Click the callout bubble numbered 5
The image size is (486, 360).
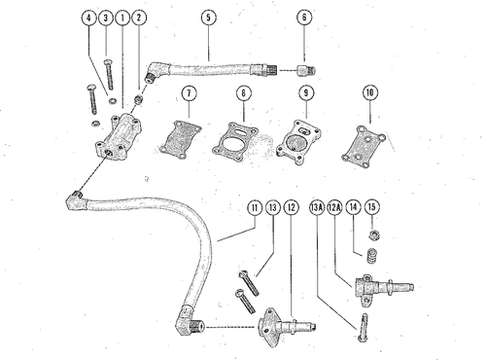208,18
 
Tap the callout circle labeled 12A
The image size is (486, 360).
335,207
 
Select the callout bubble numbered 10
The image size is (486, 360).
370,92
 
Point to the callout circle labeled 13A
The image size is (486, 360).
317,207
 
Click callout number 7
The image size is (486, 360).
190,93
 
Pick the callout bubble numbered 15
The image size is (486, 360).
372,207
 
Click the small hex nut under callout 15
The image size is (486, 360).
374,234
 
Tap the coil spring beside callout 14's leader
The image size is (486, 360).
371,256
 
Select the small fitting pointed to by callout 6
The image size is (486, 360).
306,70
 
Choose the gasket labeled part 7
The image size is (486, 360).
180,140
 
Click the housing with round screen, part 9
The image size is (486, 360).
298,142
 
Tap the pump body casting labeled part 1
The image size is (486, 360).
118,136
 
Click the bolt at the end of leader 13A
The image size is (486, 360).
364,327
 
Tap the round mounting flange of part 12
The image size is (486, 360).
268,328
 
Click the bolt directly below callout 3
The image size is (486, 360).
109,75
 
